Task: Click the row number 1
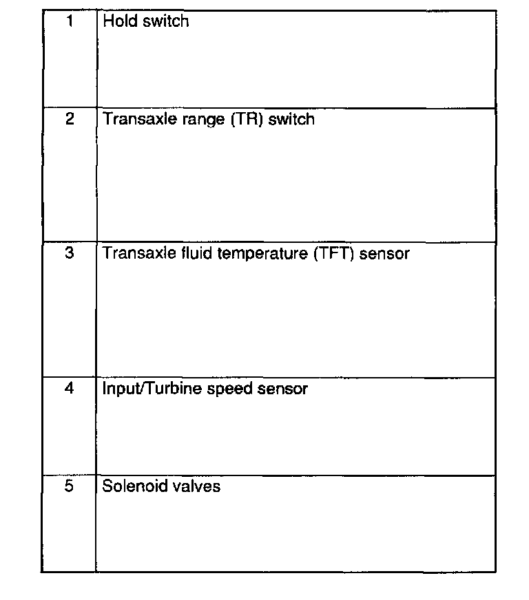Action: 70,21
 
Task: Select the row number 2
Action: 70,119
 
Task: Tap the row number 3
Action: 70,253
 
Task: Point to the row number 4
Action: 70,388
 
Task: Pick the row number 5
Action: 70,486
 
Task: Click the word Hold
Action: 118,21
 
